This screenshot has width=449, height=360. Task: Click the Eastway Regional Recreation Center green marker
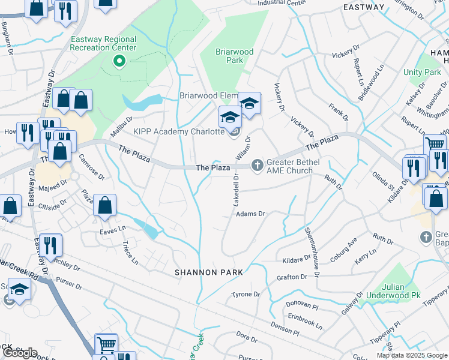pos(119,60)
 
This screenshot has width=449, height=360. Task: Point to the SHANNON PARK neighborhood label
pos(209,272)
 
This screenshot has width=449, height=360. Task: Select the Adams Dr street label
pos(250,214)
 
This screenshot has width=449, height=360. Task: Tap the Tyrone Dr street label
pos(247,295)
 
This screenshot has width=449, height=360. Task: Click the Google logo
pos(20,353)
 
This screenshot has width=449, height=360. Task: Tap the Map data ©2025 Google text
pos(411,355)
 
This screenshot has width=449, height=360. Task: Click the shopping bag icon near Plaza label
pos(105,205)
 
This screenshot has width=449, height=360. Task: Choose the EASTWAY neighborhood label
pos(363,7)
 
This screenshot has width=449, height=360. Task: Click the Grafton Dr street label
pos(292,277)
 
